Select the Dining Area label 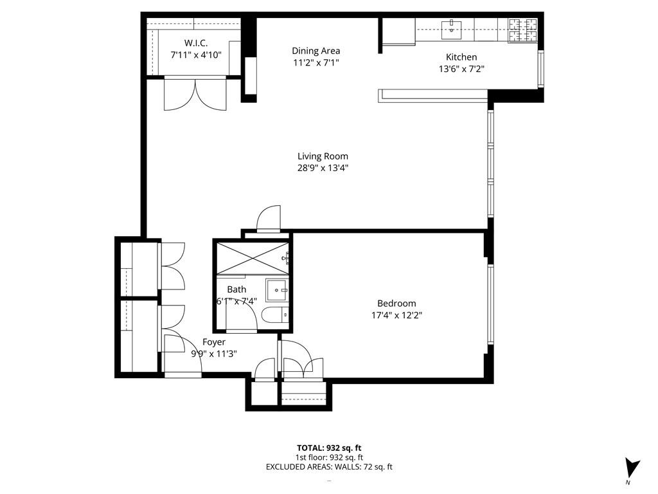pyautogui.click(x=316, y=51)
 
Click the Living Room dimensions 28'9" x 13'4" pyautogui.click(x=323, y=168)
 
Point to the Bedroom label pyautogui.click(x=396, y=304)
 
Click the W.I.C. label pyautogui.click(x=195, y=43)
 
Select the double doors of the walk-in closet pyautogui.click(x=195, y=94)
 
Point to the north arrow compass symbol pyautogui.click(x=632, y=468)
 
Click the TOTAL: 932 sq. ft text pyautogui.click(x=328, y=447)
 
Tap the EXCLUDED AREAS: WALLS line pyautogui.click(x=328, y=467)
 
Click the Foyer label pyautogui.click(x=214, y=342)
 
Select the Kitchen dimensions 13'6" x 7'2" pyautogui.click(x=461, y=69)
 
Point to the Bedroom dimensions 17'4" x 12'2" pyautogui.click(x=396, y=315)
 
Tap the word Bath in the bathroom pyautogui.click(x=236, y=289)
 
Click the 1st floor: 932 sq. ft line pyautogui.click(x=328, y=457)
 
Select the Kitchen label pyautogui.click(x=461, y=57)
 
